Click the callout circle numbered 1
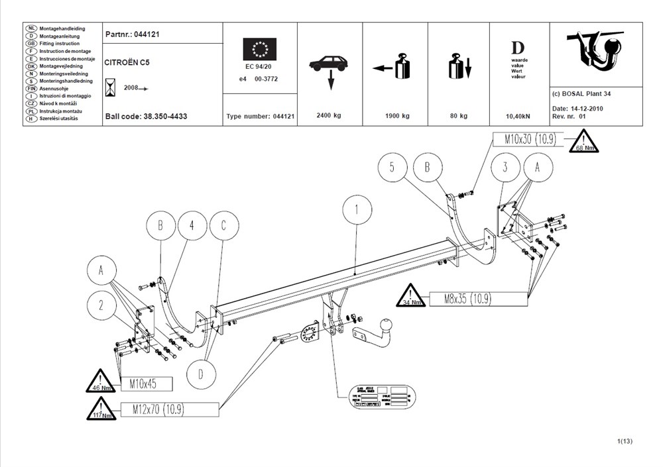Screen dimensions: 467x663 356,211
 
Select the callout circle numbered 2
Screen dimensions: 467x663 101,305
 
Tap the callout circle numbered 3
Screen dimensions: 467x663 505,168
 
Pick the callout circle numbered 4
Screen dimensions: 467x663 192,227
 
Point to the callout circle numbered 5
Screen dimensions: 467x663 392,168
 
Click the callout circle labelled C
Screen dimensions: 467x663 223,227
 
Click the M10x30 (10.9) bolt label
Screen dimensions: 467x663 527,140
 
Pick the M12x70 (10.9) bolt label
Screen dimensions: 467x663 158,409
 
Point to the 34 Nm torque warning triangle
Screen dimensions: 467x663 411,297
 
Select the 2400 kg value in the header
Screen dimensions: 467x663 329,116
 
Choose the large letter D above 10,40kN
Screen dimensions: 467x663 518,48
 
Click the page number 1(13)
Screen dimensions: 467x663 625,441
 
